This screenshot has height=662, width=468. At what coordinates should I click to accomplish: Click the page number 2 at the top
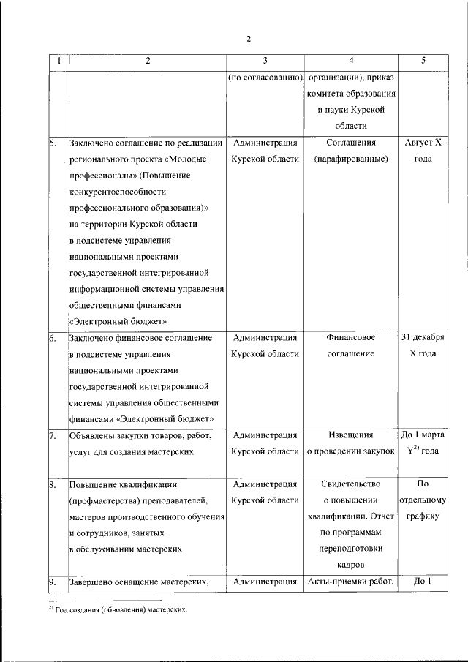(x=248, y=39)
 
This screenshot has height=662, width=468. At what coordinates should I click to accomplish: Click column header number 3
(x=265, y=61)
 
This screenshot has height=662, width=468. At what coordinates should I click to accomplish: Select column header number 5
(x=423, y=61)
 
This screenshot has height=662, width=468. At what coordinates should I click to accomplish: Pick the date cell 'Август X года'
(x=423, y=151)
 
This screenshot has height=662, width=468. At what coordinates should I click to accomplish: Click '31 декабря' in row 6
(x=423, y=338)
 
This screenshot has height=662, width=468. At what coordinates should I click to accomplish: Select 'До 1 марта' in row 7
(x=423, y=435)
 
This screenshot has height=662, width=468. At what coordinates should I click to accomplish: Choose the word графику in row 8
(x=423, y=516)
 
